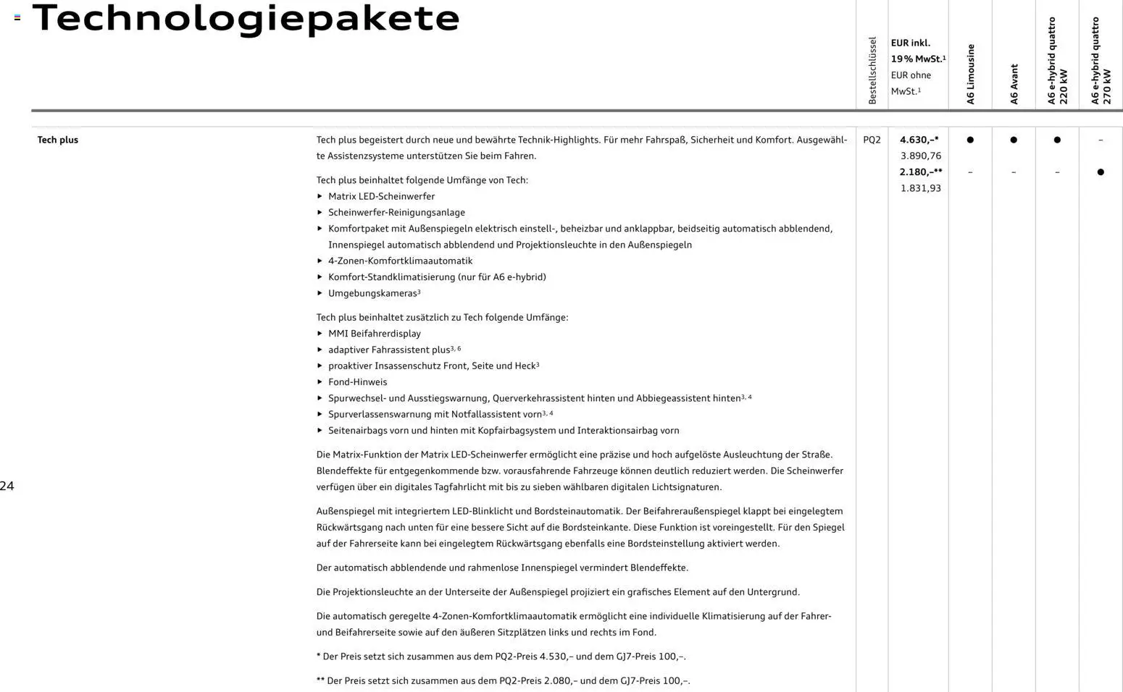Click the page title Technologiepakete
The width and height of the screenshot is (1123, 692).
[246, 19]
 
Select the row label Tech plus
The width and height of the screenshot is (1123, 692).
[58, 140]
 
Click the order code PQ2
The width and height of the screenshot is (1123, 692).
[872, 140]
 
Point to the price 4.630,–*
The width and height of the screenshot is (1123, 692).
[919, 140]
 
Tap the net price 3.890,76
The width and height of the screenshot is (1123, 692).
[921, 156]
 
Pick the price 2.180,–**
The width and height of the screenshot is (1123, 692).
[921, 172]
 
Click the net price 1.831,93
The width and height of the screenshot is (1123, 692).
[921, 188]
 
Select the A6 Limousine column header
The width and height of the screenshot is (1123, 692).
[971, 75]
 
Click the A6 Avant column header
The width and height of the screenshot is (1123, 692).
[1014, 84]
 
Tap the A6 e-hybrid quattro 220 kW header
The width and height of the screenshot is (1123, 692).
[1058, 62]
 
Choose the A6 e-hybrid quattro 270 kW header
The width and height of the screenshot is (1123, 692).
[1101, 62]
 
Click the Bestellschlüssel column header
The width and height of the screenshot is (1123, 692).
[872, 71]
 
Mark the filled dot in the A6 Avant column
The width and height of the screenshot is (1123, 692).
[1014, 140]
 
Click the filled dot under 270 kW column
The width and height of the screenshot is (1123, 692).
[1101, 172]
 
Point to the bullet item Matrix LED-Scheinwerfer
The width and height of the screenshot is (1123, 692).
[381, 196]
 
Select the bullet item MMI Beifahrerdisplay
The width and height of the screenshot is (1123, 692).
[374, 334]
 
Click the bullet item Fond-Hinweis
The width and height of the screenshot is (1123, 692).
[357, 382]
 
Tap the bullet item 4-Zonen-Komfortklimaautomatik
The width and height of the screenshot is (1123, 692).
[400, 261]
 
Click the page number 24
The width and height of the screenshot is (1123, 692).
[7, 486]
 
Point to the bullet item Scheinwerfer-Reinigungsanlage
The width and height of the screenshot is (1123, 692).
[396, 213]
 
